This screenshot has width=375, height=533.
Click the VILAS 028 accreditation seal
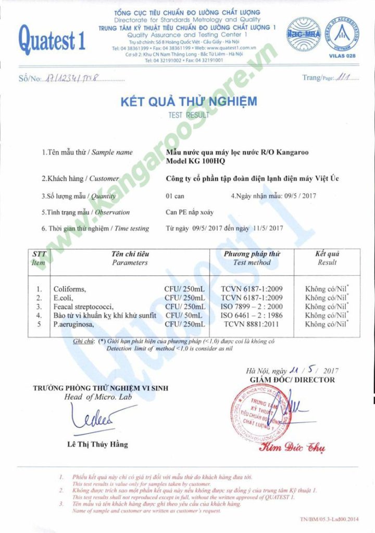[344, 32]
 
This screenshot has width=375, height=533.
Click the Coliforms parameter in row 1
[69, 288]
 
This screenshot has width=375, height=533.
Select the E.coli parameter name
[64, 297]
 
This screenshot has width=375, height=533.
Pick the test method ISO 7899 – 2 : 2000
[252, 306]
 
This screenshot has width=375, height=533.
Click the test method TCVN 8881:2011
[252, 324]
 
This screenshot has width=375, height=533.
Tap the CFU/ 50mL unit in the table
[185, 315]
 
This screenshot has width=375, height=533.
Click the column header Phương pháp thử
[252, 254]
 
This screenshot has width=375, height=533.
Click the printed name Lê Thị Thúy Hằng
[97, 445]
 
